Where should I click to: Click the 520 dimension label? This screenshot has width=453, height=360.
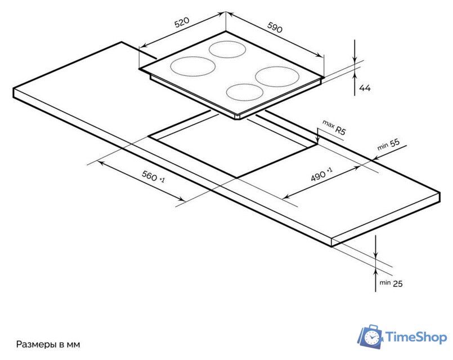pos(182,22)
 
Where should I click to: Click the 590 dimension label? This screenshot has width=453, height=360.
pos(275,28)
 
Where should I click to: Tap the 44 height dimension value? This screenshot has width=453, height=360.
pos(365,88)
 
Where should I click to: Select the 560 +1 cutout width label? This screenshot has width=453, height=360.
pos(153,176)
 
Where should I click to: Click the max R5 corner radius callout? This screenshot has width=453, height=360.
pos(334,128)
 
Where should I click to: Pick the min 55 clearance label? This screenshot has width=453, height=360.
pos(389,145)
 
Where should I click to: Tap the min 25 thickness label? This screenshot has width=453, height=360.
pos(391,283)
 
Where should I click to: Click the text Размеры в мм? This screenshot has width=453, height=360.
pos(48,344)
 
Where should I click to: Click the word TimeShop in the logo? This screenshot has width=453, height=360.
pos(416,337)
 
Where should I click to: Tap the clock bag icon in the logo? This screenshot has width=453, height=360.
pos(370,336)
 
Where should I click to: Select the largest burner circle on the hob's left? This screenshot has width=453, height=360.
pos(192,66)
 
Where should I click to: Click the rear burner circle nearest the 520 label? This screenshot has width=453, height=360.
pos(227,49)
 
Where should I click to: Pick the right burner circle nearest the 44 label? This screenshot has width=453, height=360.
pos(277,76)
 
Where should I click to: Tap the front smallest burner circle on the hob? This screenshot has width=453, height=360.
pos(245,92)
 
